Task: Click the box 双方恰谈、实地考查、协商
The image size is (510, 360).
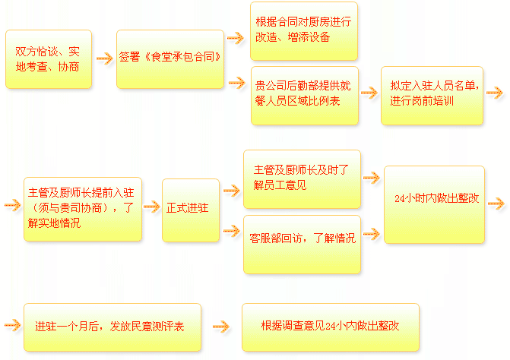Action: click(48, 58)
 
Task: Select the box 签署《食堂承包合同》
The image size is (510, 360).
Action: click(170, 58)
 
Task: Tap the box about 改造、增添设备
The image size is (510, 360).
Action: click(303, 31)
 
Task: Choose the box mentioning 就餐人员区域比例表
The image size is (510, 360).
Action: click(303, 95)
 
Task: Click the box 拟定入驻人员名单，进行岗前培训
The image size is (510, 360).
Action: click(432, 95)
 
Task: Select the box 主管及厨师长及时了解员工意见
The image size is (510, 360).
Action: click(302, 178)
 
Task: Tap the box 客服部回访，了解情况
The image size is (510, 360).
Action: click(302, 238)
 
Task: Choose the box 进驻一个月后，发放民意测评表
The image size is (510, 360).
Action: click(112, 327)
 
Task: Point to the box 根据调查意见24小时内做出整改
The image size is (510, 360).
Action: click(330, 327)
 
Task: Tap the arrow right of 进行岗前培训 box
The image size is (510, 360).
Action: click(494, 92)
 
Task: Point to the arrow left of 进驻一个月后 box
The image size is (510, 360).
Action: click(11, 326)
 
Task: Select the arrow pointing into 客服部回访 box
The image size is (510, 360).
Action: click(232, 227)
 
